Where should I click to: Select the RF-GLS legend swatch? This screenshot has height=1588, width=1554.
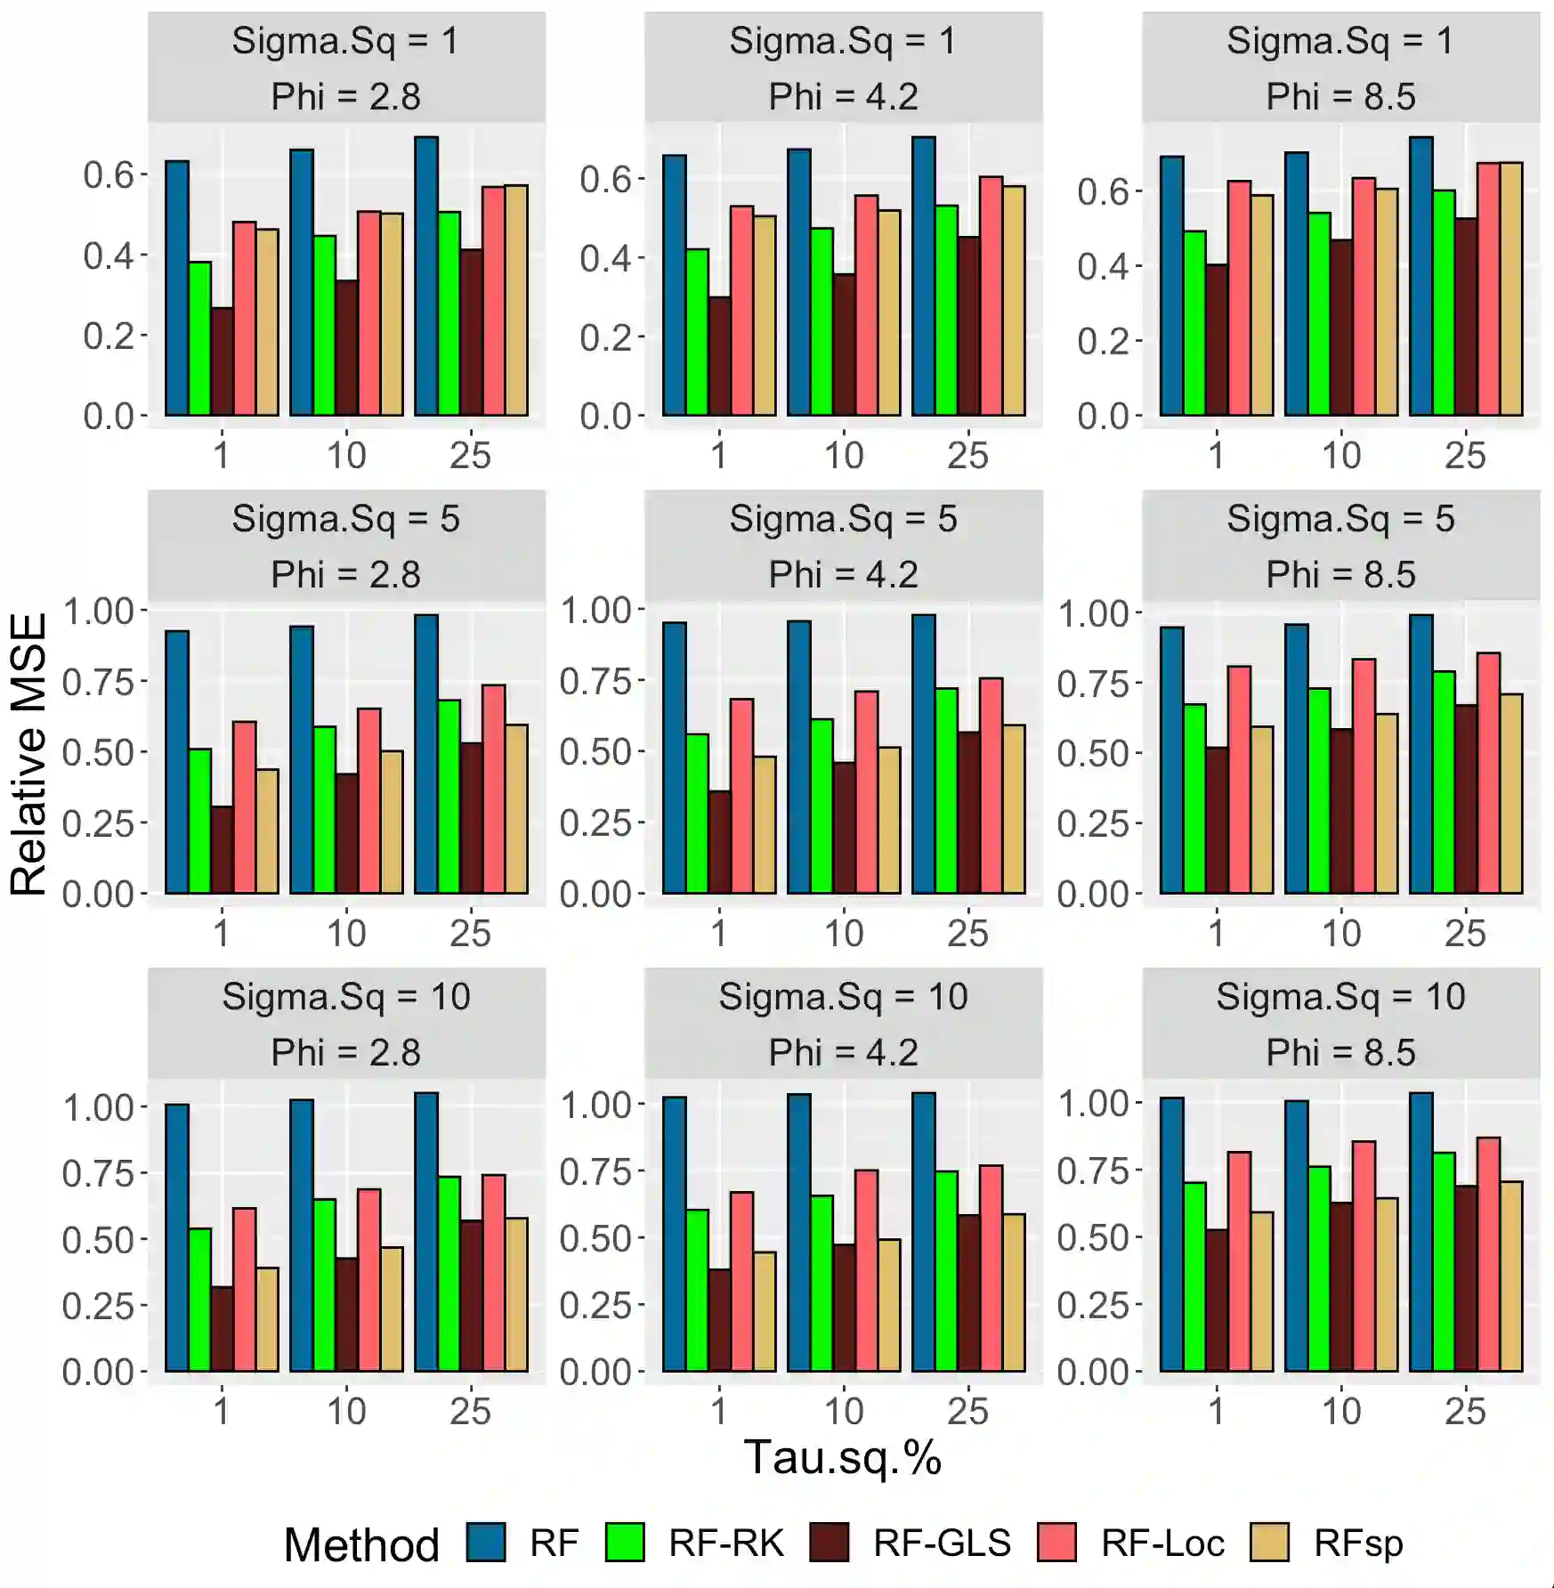[x=830, y=1543]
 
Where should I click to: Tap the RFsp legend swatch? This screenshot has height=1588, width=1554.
[x=1269, y=1543]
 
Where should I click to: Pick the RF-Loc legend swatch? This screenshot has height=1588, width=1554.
[x=1057, y=1543]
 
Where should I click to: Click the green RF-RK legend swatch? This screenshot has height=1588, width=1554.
[x=625, y=1543]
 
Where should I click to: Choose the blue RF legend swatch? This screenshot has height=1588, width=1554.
[x=486, y=1543]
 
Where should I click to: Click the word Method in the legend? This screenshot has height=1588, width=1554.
[x=361, y=1544]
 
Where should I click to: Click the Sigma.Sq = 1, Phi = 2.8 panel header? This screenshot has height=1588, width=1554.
[x=346, y=68]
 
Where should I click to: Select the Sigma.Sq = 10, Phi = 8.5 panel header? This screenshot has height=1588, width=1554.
[x=1340, y=1024]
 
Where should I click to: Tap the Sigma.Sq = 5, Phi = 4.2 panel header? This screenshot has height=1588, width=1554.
[x=843, y=546]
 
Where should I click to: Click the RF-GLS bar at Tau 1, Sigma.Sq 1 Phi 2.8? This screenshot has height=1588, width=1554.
[x=223, y=361]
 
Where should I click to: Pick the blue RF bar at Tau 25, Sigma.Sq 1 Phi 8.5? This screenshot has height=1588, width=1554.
[x=1420, y=276]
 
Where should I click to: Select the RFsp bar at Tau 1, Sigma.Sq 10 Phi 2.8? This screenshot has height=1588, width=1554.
[x=267, y=1319]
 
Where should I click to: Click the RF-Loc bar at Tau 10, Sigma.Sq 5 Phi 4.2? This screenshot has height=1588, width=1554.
[x=866, y=792]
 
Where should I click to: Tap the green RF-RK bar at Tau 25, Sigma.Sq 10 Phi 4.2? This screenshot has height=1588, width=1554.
[x=946, y=1271]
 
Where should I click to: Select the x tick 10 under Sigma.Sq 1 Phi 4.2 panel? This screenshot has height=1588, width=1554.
[x=843, y=456]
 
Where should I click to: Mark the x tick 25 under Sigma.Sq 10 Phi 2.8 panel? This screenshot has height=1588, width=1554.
[x=470, y=1412]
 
